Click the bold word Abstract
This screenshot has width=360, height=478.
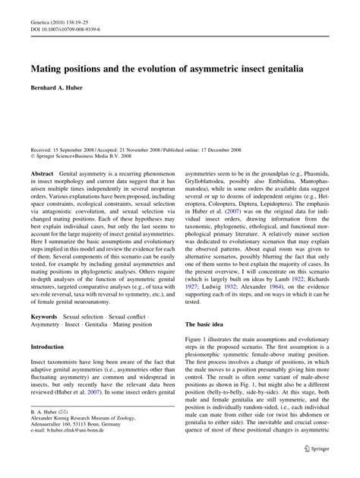coord(42,174)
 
